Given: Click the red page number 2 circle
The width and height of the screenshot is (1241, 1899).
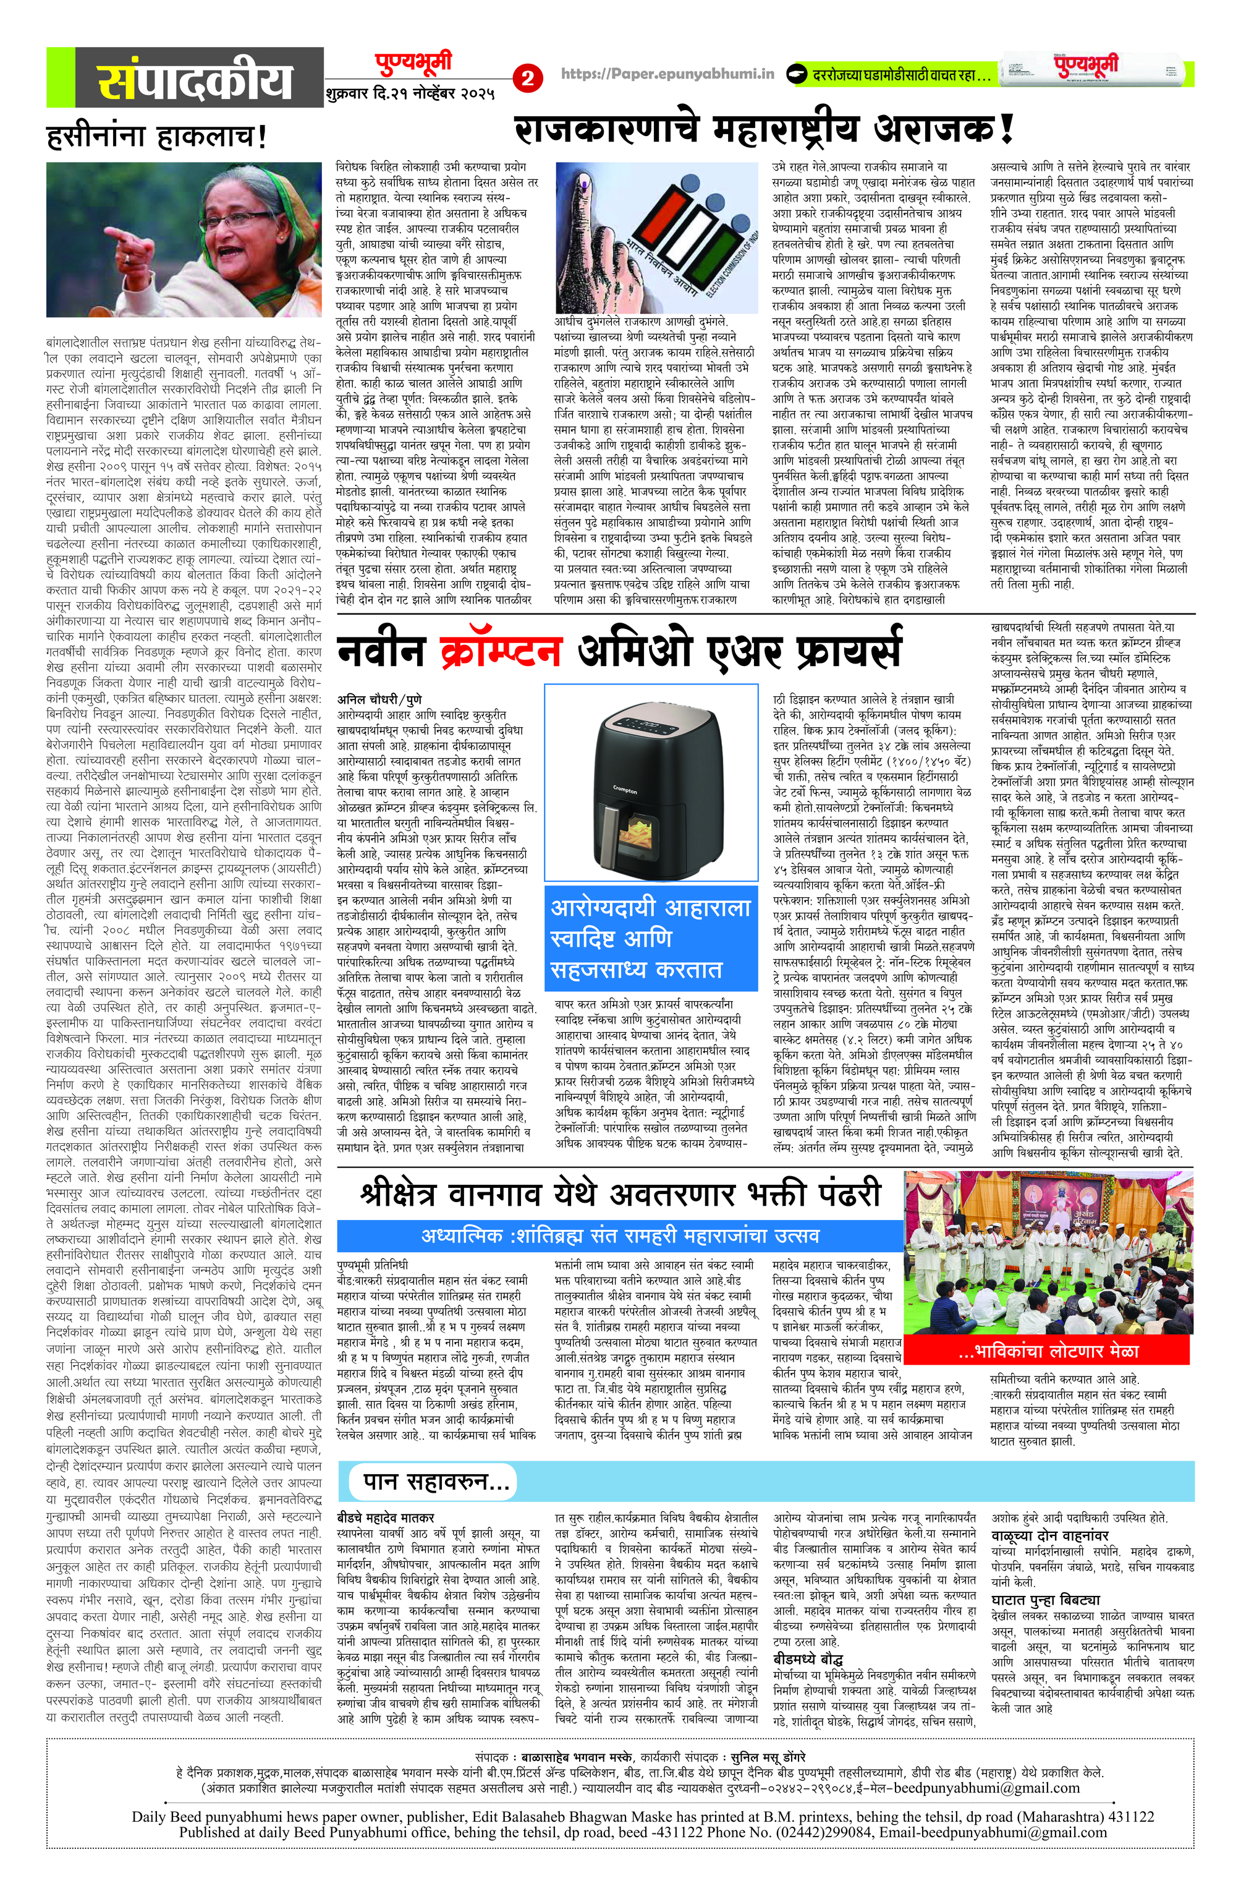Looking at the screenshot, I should click(x=527, y=78).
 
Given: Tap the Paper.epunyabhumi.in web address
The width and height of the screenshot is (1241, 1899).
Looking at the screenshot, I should click(x=667, y=74).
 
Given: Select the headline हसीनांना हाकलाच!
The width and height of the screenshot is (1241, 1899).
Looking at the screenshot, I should click(x=156, y=137).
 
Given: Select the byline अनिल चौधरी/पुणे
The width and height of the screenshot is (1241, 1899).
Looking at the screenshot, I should click(x=379, y=700).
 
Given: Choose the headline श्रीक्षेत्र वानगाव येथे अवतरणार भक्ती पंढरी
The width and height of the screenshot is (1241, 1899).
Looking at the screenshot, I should click(x=620, y=1195).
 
